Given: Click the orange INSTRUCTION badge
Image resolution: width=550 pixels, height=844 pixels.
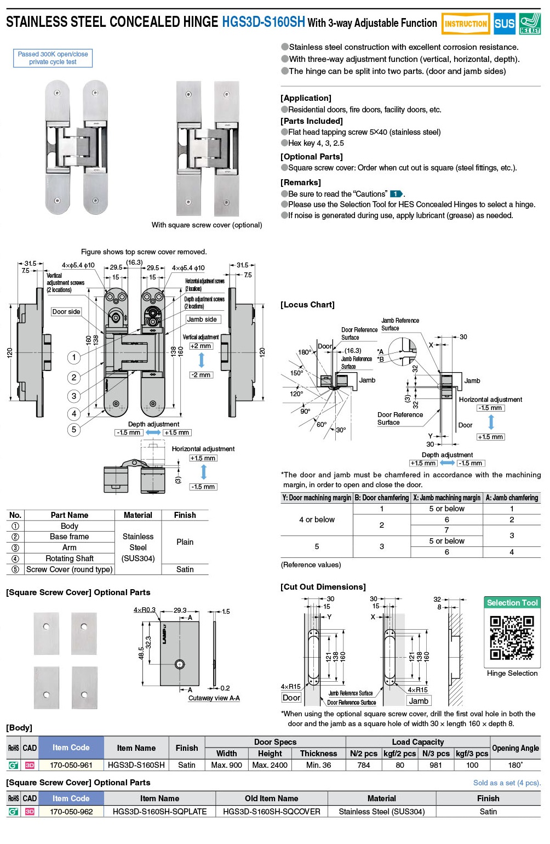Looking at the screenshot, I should [466, 24].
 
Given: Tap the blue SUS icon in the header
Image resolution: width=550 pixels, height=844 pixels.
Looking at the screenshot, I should [504, 24].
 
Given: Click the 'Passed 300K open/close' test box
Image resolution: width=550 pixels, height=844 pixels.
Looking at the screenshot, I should [53, 58].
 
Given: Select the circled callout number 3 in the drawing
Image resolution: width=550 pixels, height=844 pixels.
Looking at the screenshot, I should [74, 396].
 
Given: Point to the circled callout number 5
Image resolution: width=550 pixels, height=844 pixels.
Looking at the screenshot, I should [74, 429].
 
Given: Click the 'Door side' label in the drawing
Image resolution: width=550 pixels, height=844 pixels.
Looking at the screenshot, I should [66, 311].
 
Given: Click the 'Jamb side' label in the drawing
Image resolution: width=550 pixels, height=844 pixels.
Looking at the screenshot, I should [202, 319].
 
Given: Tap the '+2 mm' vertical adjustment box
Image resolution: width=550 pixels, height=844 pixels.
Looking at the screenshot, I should [201, 346].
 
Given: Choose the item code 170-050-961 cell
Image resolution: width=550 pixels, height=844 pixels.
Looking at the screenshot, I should [71, 765].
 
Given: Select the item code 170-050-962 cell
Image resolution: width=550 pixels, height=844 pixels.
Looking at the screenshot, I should [71, 812].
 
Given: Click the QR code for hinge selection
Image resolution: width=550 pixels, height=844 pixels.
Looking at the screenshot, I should [512, 637].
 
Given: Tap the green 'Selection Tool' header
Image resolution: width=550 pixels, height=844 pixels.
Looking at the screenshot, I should [512, 603].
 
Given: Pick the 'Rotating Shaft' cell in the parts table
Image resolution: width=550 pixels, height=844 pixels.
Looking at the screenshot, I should [70, 558].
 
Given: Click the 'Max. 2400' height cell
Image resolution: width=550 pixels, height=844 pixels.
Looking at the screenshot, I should [270, 765].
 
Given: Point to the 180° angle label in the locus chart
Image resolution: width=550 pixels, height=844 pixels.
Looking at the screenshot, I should [304, 352].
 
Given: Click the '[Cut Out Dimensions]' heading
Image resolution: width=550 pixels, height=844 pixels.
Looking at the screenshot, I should [323, 587].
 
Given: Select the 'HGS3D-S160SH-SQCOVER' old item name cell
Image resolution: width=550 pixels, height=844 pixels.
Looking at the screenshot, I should [271, 812].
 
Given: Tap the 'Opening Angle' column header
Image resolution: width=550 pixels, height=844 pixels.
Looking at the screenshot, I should [515, 748].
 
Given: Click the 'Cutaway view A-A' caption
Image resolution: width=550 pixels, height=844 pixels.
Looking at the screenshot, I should [214, 698].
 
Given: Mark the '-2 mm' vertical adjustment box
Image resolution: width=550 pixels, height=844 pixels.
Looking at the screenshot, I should [201, 375].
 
